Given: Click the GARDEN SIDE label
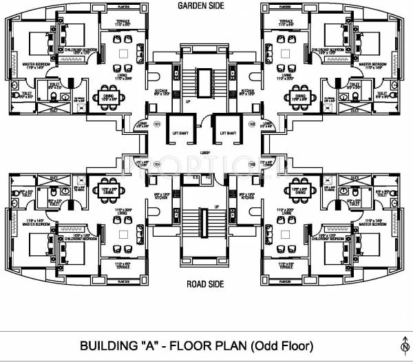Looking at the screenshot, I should click(206, 6).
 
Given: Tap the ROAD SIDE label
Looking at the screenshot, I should click(206, 284).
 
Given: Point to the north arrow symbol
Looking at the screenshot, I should click(403, 344).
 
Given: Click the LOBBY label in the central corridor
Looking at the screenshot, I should click(205, 152).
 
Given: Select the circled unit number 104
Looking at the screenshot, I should click(157, 164).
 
